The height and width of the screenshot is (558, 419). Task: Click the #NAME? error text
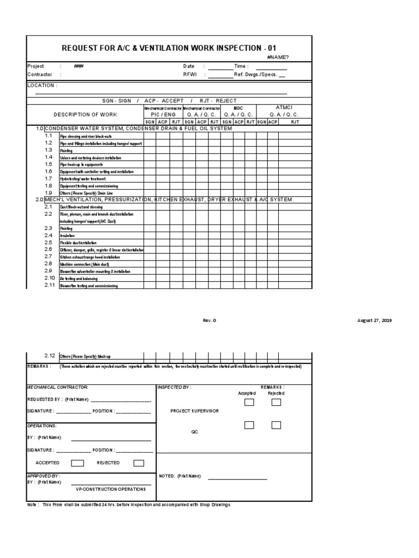(x=278, y=57)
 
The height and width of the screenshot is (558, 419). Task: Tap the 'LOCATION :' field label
(x=41, y=86)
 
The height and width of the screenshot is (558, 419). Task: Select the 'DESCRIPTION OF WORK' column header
(x=85, y=114)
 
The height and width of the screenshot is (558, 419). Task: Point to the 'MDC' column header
(x=238, y=108)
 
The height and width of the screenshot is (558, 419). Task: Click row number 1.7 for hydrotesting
(x=49, y=178)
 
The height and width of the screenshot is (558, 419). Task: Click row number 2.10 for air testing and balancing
(x=50, y=278)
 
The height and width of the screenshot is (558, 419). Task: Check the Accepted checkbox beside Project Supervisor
(x=249, y=403)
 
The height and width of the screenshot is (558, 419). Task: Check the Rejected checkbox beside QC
(x=276, y=425)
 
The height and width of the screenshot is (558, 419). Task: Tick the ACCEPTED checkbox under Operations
(x=78, y=463)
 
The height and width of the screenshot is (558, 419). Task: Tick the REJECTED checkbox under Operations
(x=139, y=463)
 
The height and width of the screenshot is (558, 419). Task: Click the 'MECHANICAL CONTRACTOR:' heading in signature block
(x=57, y=387)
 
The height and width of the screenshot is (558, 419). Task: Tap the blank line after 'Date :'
(x=220, y=69)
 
